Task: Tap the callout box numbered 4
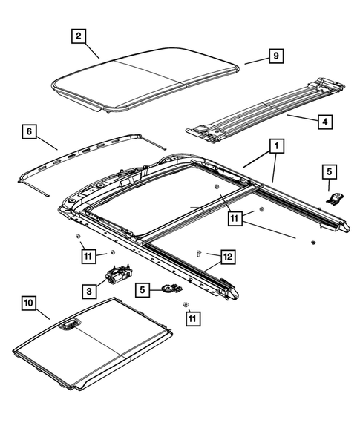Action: [x=324, y=122]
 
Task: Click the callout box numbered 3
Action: [x=89, y=292]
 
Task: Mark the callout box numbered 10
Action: [x=28, y=303]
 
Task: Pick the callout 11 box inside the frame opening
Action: [x=236, y=218]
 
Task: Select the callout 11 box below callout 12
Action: [x=193, y=318]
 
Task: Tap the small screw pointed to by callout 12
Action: [x=198, y=254]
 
